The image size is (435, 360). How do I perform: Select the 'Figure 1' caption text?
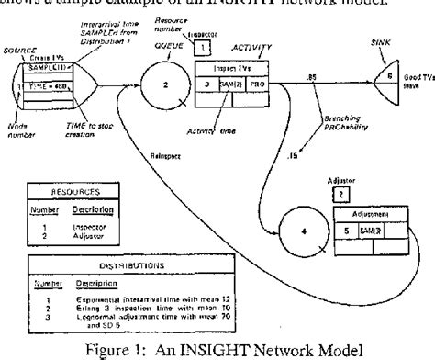(x=216, y=348)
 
